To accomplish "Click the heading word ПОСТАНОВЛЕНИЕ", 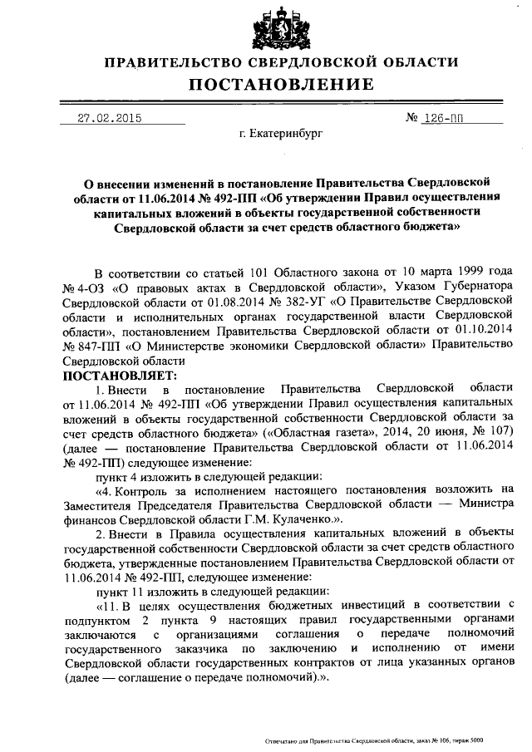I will point(279,85).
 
